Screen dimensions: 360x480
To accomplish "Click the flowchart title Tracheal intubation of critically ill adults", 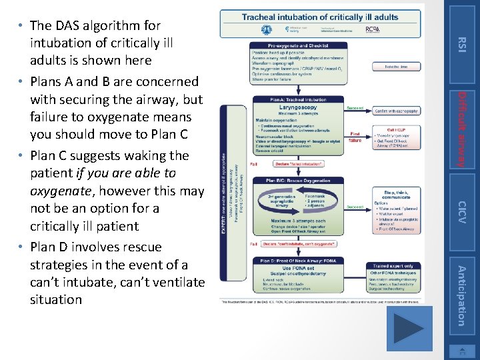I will point(319,17).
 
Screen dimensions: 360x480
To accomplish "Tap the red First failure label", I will point(355,137).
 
